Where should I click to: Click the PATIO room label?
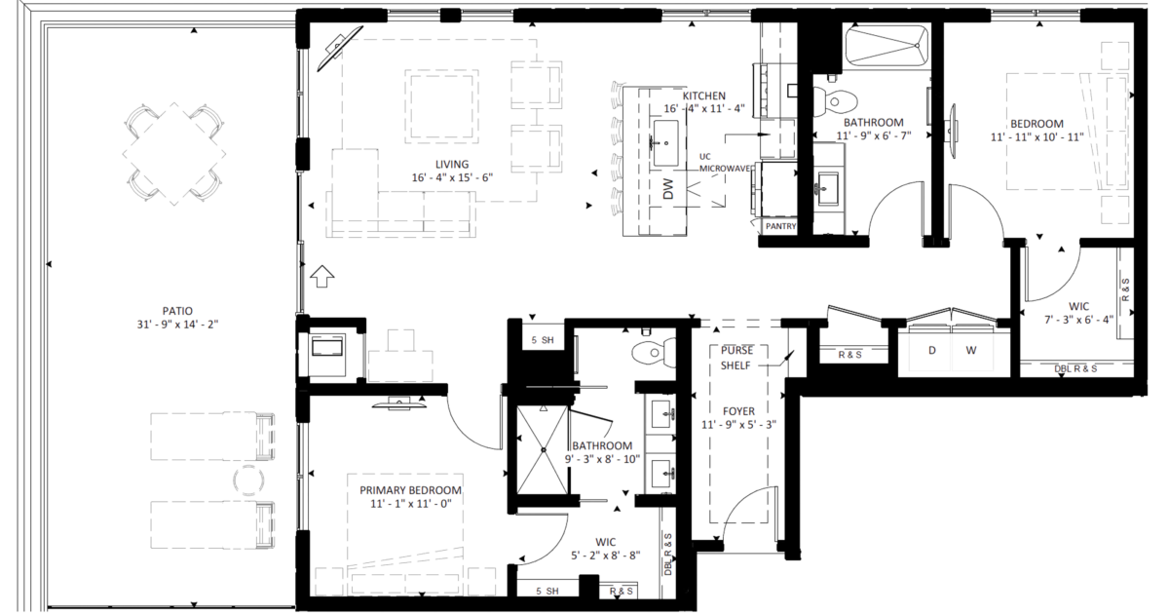[171, 310]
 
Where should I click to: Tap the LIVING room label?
[453, 164]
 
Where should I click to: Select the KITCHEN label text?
[704, 96]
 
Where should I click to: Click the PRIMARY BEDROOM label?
[410, 489]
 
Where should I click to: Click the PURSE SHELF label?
[735, 358]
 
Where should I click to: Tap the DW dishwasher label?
[668, 190]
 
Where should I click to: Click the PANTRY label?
[780, 226]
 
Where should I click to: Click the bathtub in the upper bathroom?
[886, 45]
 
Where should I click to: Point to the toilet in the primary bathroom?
[652, 351]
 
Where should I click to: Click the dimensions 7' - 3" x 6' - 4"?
[1078, 318]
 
